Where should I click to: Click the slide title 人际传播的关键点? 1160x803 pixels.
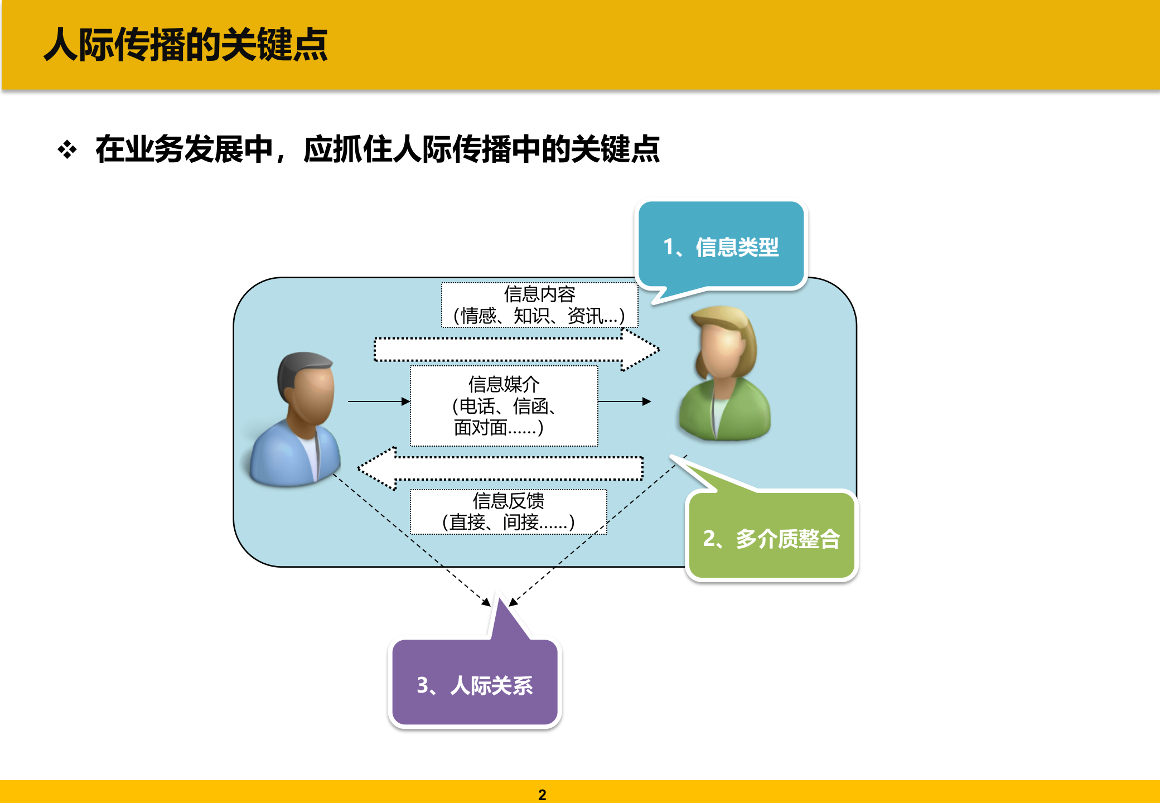[x=186, y=45]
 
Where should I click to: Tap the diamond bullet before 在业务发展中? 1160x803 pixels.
[x=67, y=149]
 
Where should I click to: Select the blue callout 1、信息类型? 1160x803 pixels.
[x=721, y=246]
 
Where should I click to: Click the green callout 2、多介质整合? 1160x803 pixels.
[x=771, y=538]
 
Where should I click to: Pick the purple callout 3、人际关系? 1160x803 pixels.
[x=475, y=684]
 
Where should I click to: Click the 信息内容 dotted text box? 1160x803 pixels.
[x=539, y=305]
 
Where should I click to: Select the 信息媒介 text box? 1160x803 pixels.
[x=504, y=405]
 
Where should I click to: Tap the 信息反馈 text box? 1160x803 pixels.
[x=508, y=511]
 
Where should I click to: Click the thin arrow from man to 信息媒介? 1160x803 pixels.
[x=379, y=401]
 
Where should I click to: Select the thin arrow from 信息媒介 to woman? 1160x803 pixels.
[x=624, y=401]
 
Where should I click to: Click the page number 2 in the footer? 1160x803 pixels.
[x=542, y=795]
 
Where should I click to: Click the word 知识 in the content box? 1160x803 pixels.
[x=530, y=316]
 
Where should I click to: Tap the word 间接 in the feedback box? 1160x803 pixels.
[x=521, y=523]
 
